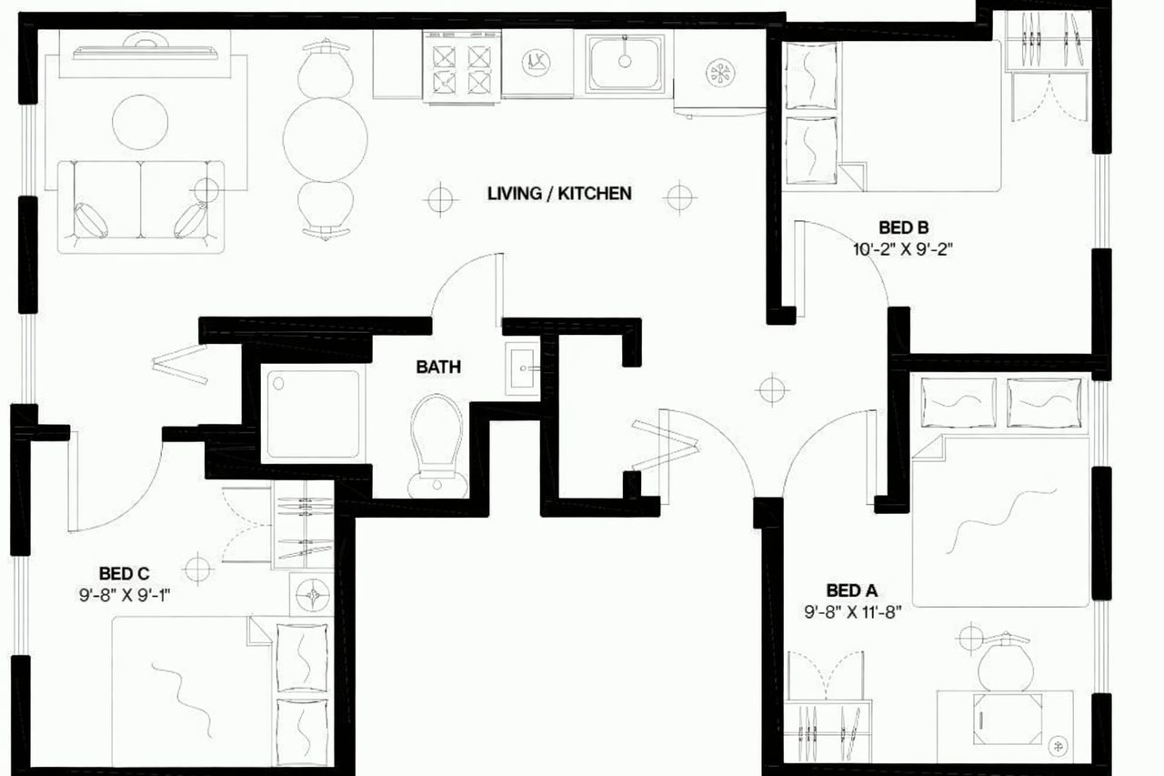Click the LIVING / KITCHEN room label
click(x=558, y=193)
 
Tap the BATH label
click(x=438, y=368)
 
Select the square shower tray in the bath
click(x=310, y=414)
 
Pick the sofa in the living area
click(x=141, y=207)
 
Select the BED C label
click(x=125, y=573)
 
